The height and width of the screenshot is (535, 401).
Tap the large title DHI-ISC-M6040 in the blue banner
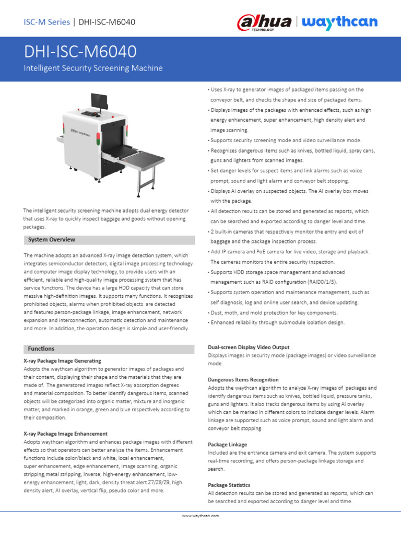coord(80,51)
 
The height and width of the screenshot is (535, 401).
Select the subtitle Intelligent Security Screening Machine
coord(93,68)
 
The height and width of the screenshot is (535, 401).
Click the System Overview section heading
coord(52,240)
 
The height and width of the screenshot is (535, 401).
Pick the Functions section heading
coord(41,348)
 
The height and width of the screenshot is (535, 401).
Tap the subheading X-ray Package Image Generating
coord(63,361)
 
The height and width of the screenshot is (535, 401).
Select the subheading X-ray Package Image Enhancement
coord(66,434)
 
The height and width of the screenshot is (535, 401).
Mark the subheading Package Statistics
coord(229,485)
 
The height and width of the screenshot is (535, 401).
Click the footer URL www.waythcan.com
coord(200,515)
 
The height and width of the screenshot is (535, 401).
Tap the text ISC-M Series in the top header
coord(47,22)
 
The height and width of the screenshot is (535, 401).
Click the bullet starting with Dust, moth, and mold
coord(274,312)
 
